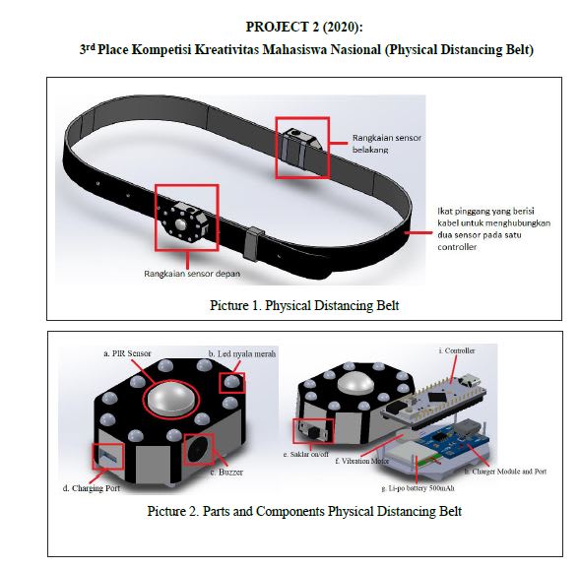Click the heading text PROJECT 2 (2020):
point(304,27)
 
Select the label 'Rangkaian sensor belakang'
point(387,144)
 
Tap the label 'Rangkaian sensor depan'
point(192,274)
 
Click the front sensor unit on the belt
point(184,221)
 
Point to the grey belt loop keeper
point(253,244)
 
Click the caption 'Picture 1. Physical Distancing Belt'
point(304,306)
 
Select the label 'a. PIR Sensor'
point(127,353)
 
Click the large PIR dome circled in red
point(171,399)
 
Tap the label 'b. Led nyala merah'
point(242,353)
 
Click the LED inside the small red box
point(232,382)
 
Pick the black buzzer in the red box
point(199,449)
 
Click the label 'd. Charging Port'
point(92,488)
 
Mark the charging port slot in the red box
point(108,456)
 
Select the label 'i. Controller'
point(457,350)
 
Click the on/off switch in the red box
point(313,430)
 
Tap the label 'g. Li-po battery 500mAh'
point(418,488)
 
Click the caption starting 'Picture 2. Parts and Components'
point(304,511)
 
